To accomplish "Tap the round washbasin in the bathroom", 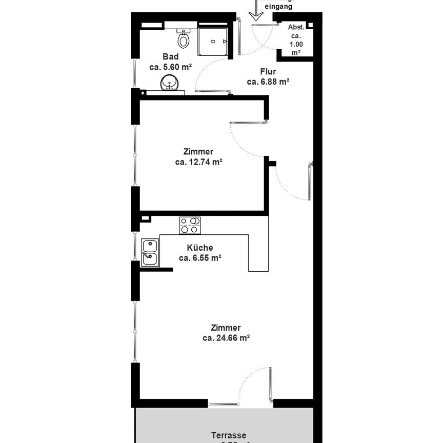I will point(170,83).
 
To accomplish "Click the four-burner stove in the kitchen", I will point(190,226).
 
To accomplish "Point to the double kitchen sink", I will point(150,253).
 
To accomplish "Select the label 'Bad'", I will point(171,57).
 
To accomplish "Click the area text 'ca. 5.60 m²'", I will point(170,67).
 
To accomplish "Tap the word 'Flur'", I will point(268,72).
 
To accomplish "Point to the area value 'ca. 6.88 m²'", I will point(268,82).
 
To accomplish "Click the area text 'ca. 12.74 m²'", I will point(198,162).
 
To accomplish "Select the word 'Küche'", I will point(200,248).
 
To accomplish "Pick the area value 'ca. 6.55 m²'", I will point(200,258).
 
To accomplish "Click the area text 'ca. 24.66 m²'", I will point(226,338).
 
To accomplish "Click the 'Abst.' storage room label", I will point(296,27).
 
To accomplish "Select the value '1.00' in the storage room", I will point(296,45).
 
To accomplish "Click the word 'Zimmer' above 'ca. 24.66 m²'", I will point(226,328).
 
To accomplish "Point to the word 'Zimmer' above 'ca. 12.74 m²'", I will point(198,152).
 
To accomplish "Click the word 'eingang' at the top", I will point(279,7).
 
